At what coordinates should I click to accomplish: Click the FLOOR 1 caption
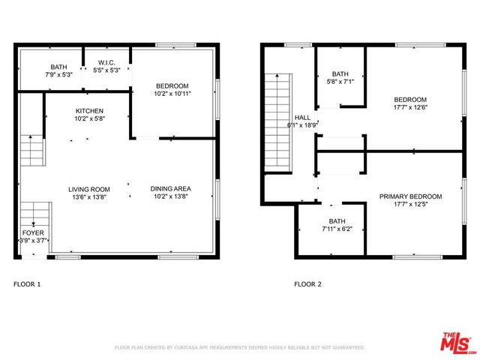28,284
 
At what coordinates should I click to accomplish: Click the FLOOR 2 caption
307,284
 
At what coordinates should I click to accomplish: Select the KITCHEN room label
89,111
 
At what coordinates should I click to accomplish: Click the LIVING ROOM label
89,189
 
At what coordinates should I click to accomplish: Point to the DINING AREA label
171,189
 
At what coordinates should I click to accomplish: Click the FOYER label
32,233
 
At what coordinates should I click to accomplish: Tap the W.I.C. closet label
106,62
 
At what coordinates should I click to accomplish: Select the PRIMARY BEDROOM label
410,196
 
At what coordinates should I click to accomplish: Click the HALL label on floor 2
302,118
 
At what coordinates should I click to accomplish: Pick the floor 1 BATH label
58,67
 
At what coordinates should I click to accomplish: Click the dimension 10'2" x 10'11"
172,94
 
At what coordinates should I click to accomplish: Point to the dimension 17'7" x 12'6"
410,108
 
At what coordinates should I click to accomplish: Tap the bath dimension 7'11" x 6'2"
336,229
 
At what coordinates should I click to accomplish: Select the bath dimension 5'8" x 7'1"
340,82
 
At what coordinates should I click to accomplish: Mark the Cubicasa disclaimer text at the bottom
239,348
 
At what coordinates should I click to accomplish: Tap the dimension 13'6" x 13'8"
89,197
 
